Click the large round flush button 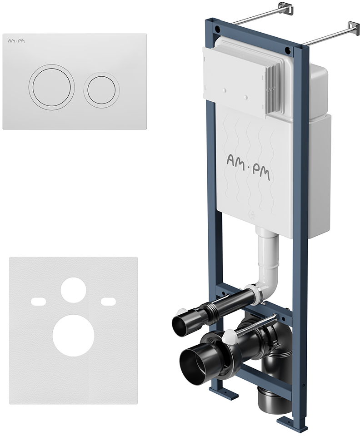point(51,86)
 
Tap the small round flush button point(101,87)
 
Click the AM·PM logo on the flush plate point(16,41)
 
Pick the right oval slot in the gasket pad point(108,301)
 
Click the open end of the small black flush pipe point(180,323)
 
